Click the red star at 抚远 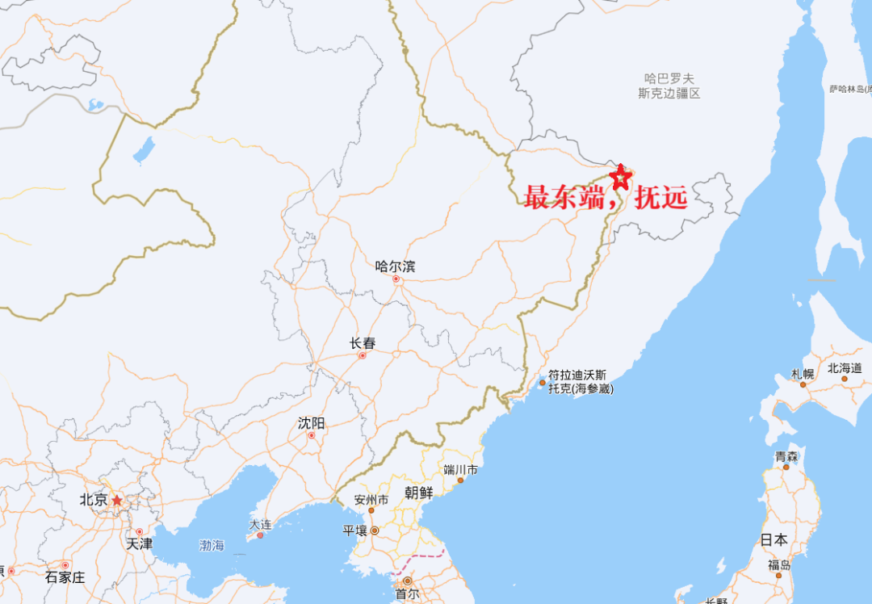620,177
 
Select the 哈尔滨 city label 395,266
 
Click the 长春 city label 363,343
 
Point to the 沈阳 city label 311,423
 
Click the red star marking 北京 117,501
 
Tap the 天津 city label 139,543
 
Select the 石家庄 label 65,577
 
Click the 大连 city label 260,524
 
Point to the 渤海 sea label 212,546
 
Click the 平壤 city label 355,531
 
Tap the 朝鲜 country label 418,493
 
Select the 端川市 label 460,470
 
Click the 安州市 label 371,500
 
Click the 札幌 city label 803,374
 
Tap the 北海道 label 844,368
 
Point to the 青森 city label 786,457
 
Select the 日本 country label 773,539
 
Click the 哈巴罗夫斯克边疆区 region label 669,86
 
